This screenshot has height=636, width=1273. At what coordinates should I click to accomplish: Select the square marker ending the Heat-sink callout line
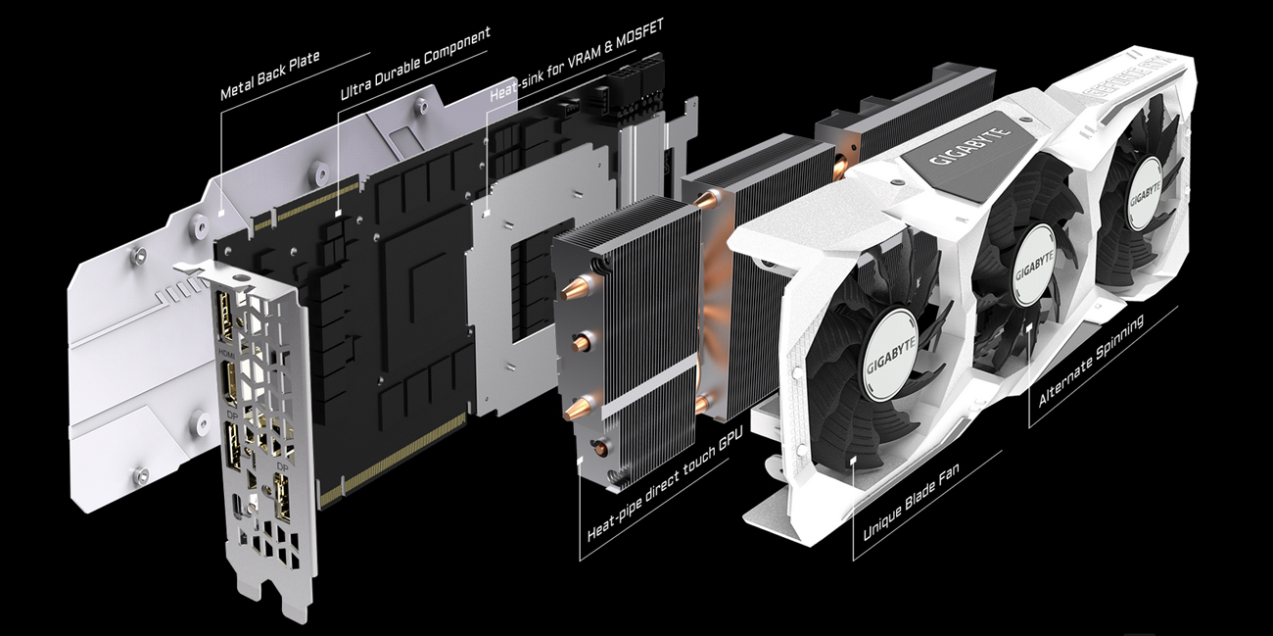[487, 210]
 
